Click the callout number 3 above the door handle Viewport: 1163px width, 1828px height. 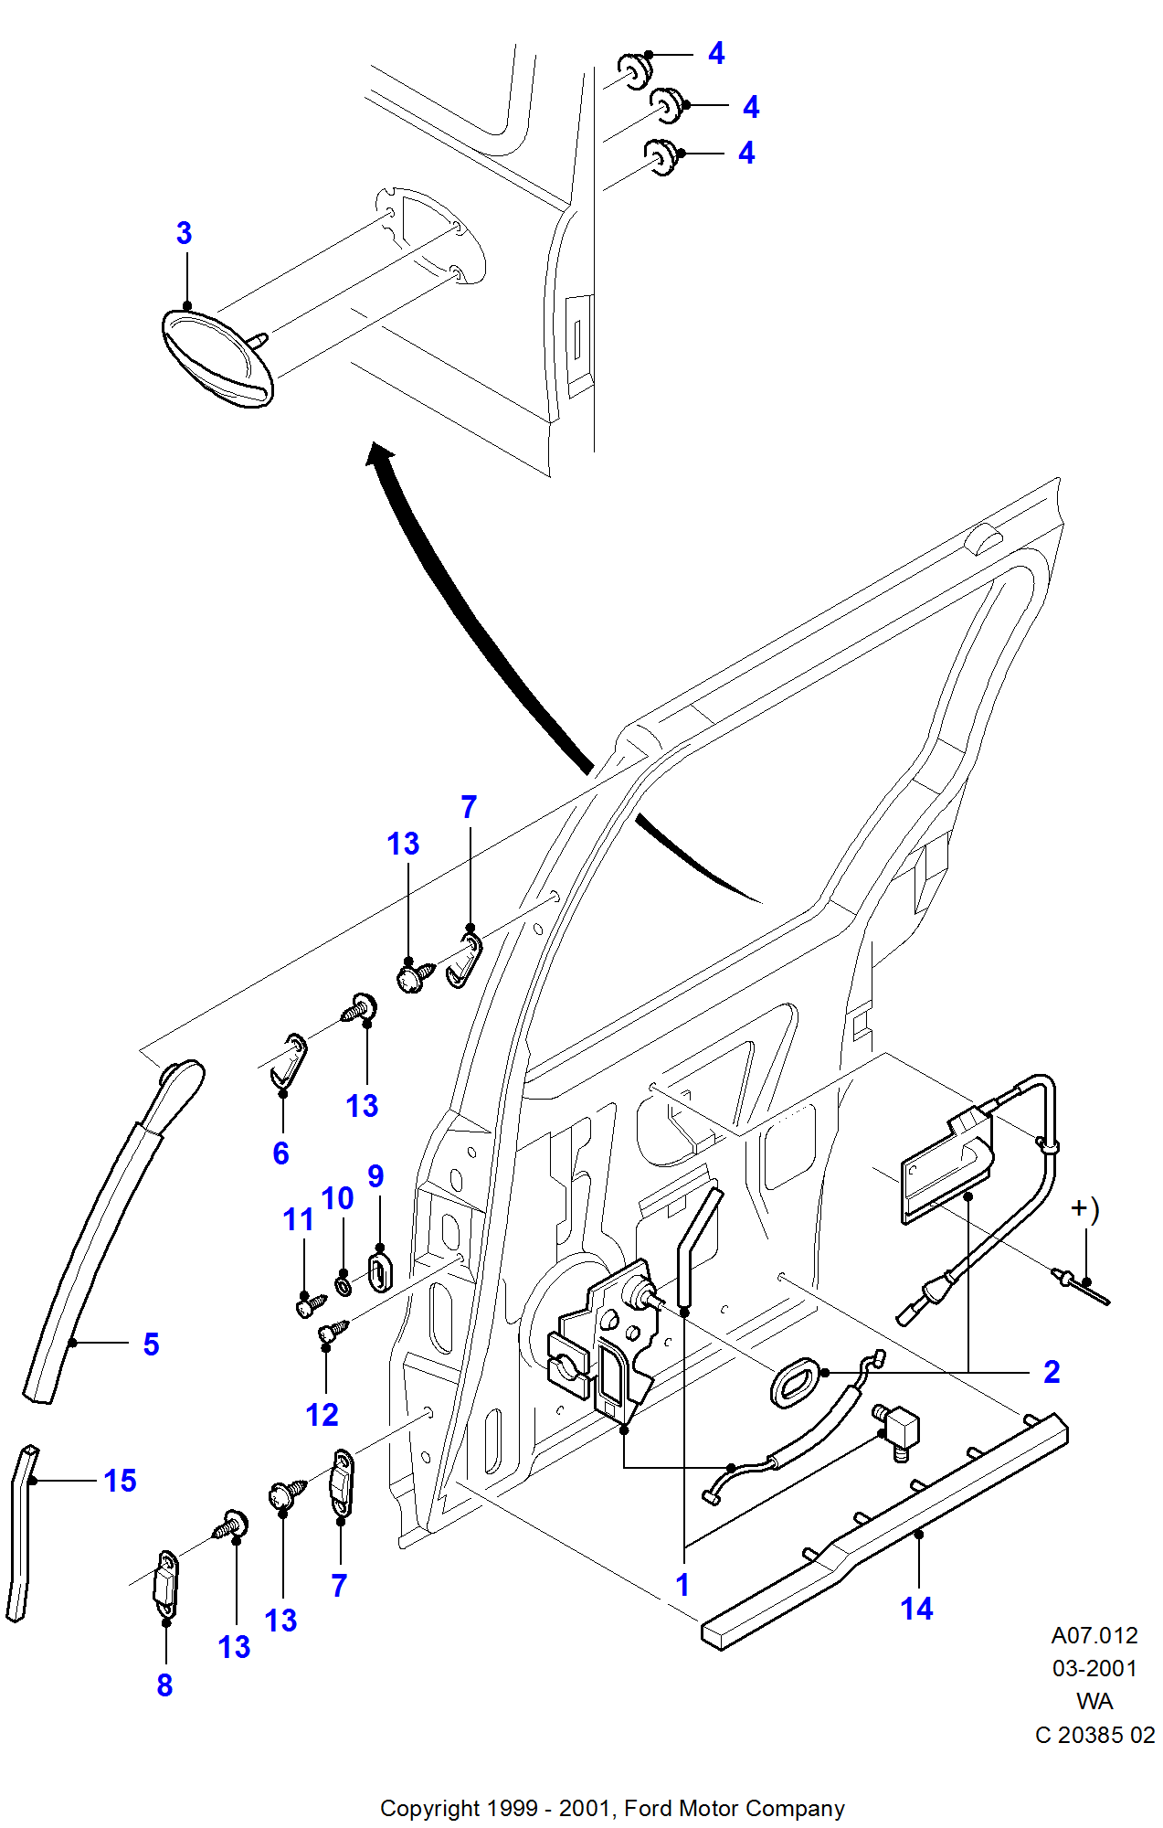click(x=184, y=233)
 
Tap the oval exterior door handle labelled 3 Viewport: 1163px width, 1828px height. click(x=217, y=358)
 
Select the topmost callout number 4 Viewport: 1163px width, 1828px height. click(x=716, y=54)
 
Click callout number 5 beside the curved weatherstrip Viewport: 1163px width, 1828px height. click(x=151, y=1344)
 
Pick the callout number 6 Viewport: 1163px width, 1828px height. click(x=280, y=1153)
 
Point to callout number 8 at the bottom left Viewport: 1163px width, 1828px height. click(x=164, y=1685)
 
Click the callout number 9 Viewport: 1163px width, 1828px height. click(x=375, y=1176)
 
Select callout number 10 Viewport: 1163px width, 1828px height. click(x=337, y=1198)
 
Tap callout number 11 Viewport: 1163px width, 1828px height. click(x=298, y=1219)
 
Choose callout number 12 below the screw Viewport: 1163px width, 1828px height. click(x=322, y=1415)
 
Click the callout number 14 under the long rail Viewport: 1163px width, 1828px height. click(x=916, y=1609)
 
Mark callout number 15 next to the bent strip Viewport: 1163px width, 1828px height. click(x=120, y=1481)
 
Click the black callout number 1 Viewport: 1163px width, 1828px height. click(x=682, y=1585)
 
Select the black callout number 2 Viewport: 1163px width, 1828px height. click(x=1052, y=1372)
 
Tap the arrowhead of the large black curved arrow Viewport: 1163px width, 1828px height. click(x=379, y=453)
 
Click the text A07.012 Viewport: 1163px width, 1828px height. click(x=1094, y=1635)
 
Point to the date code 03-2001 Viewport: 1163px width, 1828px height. click(x=1094, y=1668)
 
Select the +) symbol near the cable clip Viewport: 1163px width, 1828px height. click(x=1085, y=1209)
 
